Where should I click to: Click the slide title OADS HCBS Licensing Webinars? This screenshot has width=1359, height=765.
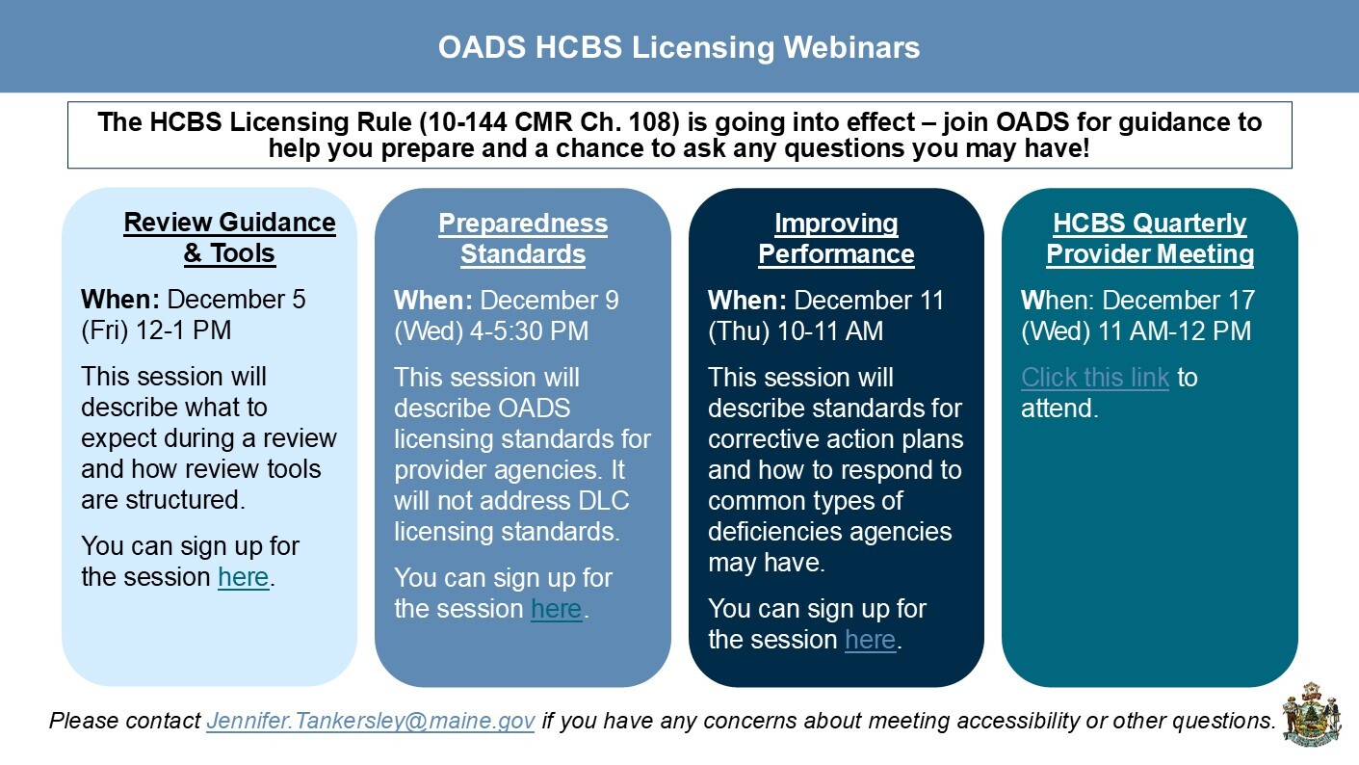coord(679,47)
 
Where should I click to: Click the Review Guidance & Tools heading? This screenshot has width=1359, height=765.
coord(229,238)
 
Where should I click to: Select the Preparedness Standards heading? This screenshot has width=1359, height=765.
coord(523,238)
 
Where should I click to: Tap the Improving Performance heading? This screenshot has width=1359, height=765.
coord(836,238)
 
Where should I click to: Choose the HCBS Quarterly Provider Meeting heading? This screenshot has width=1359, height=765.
coord(1150,238)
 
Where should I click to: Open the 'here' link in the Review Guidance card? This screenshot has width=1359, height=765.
coord(244,577)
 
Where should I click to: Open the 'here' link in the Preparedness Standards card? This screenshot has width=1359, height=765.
coord(557,609)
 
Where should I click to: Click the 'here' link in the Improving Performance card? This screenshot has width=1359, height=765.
coord(871,640)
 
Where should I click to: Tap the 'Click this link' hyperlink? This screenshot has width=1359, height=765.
coord(1095,377)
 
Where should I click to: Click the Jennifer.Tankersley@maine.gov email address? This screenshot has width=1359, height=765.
coord(371,721)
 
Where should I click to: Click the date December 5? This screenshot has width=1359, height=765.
coord(237,300)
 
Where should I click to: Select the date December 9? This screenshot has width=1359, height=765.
coord(550,300)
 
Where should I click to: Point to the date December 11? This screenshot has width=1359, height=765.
coord(870,300)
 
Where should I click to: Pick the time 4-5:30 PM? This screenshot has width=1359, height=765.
coord(524,330)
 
